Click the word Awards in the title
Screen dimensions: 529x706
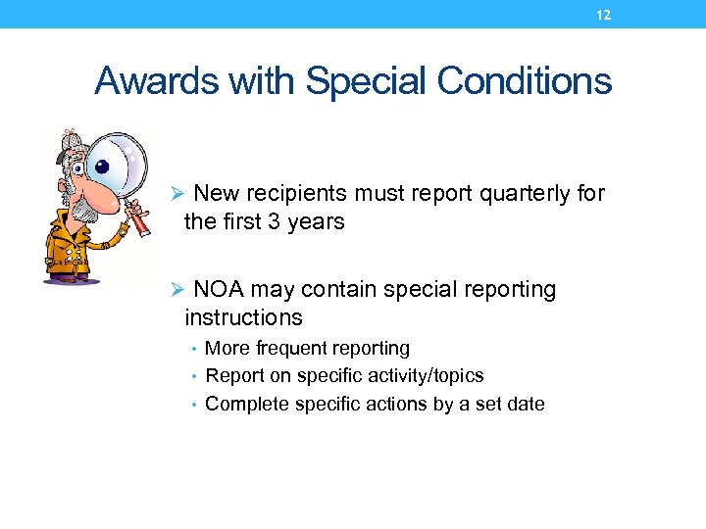[156, 81]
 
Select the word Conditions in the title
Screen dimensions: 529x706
[525, 81]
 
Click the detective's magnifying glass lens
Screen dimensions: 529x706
[118, 166]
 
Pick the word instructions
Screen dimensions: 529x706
[243, 317]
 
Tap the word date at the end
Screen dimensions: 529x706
[525, 404]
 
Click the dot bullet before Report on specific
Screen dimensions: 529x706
[197, 376]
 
